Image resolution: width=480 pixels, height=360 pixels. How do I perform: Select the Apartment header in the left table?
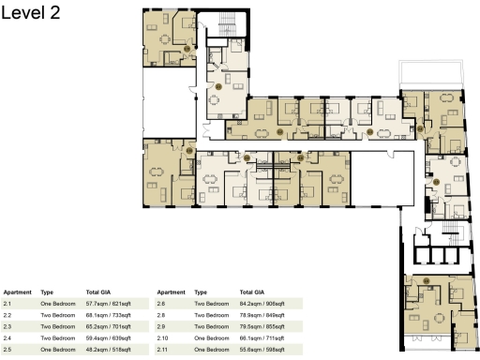click(17, 292)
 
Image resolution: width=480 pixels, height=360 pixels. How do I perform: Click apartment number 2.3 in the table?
click(7, 326)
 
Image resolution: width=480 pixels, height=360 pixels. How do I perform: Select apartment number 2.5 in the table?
click(7, 349)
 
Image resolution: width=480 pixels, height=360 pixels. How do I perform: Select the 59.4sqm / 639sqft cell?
click(108, 337)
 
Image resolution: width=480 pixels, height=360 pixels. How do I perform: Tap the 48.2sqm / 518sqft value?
click(108, 349)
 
